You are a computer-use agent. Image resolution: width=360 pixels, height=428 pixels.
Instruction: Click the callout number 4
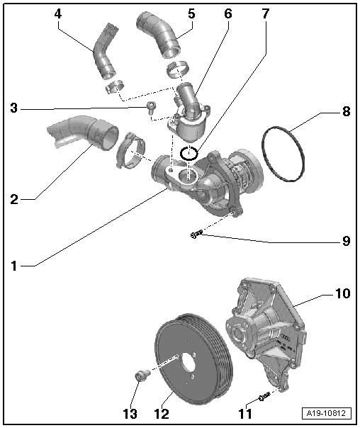point(58,13)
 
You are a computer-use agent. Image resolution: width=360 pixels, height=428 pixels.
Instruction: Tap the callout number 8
point(346,111)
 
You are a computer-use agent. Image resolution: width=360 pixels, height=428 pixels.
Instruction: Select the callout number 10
point(342,293)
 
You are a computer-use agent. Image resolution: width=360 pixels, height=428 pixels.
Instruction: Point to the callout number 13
point(130,414)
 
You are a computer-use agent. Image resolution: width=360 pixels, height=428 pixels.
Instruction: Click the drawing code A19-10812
point(326,413)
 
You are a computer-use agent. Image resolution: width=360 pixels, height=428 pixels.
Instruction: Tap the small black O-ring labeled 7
point(189,153)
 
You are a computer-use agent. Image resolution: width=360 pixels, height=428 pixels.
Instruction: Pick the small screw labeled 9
point(196,234)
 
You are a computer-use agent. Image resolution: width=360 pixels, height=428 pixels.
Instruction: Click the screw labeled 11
point(264,396)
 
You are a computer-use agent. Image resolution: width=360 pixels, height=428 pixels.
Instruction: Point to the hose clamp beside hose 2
point(130,150)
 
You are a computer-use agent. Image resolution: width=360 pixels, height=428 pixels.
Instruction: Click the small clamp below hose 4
point(115,86)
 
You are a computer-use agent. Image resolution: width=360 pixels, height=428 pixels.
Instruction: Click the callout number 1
point(14,266)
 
